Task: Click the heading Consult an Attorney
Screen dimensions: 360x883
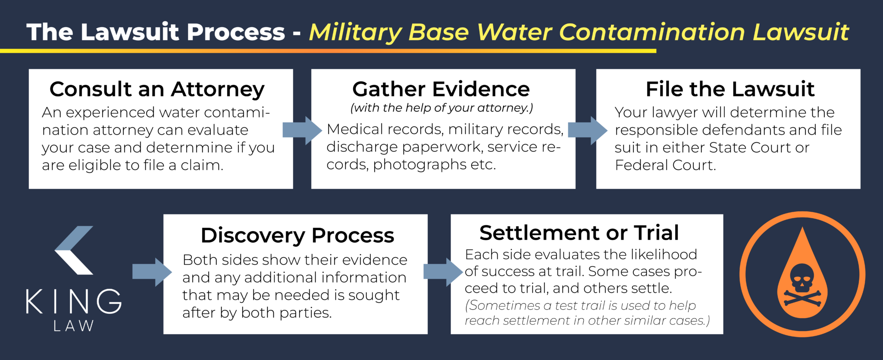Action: coord(157,90)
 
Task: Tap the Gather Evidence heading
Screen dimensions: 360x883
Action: coord(441,90)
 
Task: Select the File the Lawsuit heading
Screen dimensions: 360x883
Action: coord(730,89)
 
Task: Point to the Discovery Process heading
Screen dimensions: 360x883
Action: coord(297,235)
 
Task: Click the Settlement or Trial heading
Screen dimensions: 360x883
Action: coord(579,233)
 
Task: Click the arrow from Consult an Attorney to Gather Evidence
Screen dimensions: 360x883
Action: coord(302,130)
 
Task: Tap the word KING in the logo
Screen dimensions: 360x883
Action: coord(73,301)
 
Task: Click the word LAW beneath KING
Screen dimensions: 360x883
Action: coord(73,326)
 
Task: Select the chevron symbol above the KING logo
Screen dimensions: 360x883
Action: coord(74,250)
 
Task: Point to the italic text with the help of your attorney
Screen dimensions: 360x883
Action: coord(441,108)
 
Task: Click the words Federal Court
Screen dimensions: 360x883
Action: coord(665,165)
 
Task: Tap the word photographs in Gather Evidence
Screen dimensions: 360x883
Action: coord(420,165)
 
